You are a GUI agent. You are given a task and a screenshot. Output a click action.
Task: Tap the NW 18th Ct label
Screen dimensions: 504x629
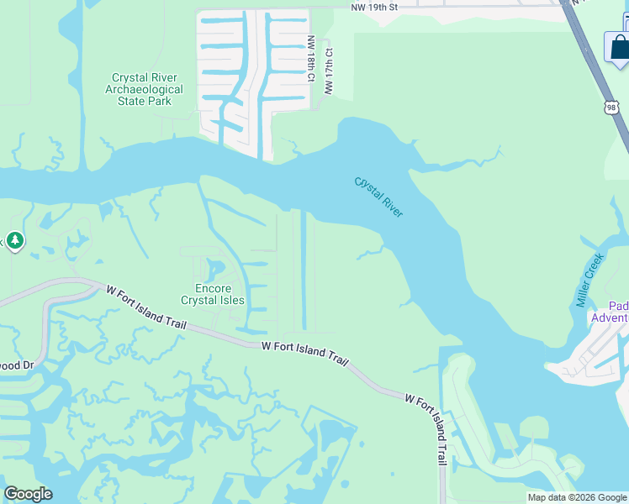pyautogui.click(x=311, y=59)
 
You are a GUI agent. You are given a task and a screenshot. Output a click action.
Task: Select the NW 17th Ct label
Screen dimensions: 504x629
pyautogui.click(x=330, y=71)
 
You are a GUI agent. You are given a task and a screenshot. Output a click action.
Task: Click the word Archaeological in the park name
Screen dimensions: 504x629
pyautogui.click(x=150, y=89)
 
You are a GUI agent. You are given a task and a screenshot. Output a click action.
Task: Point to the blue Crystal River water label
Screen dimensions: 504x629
pyautogui.click(x=378, y=197)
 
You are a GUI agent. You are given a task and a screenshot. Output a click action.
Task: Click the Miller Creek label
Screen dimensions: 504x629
pyautogui.click(x=591, y=281)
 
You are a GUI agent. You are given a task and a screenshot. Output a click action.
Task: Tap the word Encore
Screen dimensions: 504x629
pyautogui.click(x=201, y=288)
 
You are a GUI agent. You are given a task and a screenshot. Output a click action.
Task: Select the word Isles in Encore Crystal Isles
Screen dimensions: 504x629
pyautogui.click(x=231, y=300)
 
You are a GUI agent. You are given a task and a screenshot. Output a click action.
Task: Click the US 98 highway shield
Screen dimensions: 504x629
pyautogui.click(x=610, y=107)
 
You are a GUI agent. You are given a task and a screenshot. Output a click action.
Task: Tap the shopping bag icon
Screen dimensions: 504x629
pyautogui.click(x=618, y=47)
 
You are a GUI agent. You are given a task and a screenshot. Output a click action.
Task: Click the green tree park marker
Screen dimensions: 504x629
pyautogui.click(x=14, y=241)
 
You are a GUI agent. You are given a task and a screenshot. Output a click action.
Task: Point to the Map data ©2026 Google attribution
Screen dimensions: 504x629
pyautogui.click(x=578, y=497)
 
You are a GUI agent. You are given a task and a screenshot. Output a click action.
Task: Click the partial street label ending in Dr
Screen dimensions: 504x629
pyautogui.click(x=17, y=365)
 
